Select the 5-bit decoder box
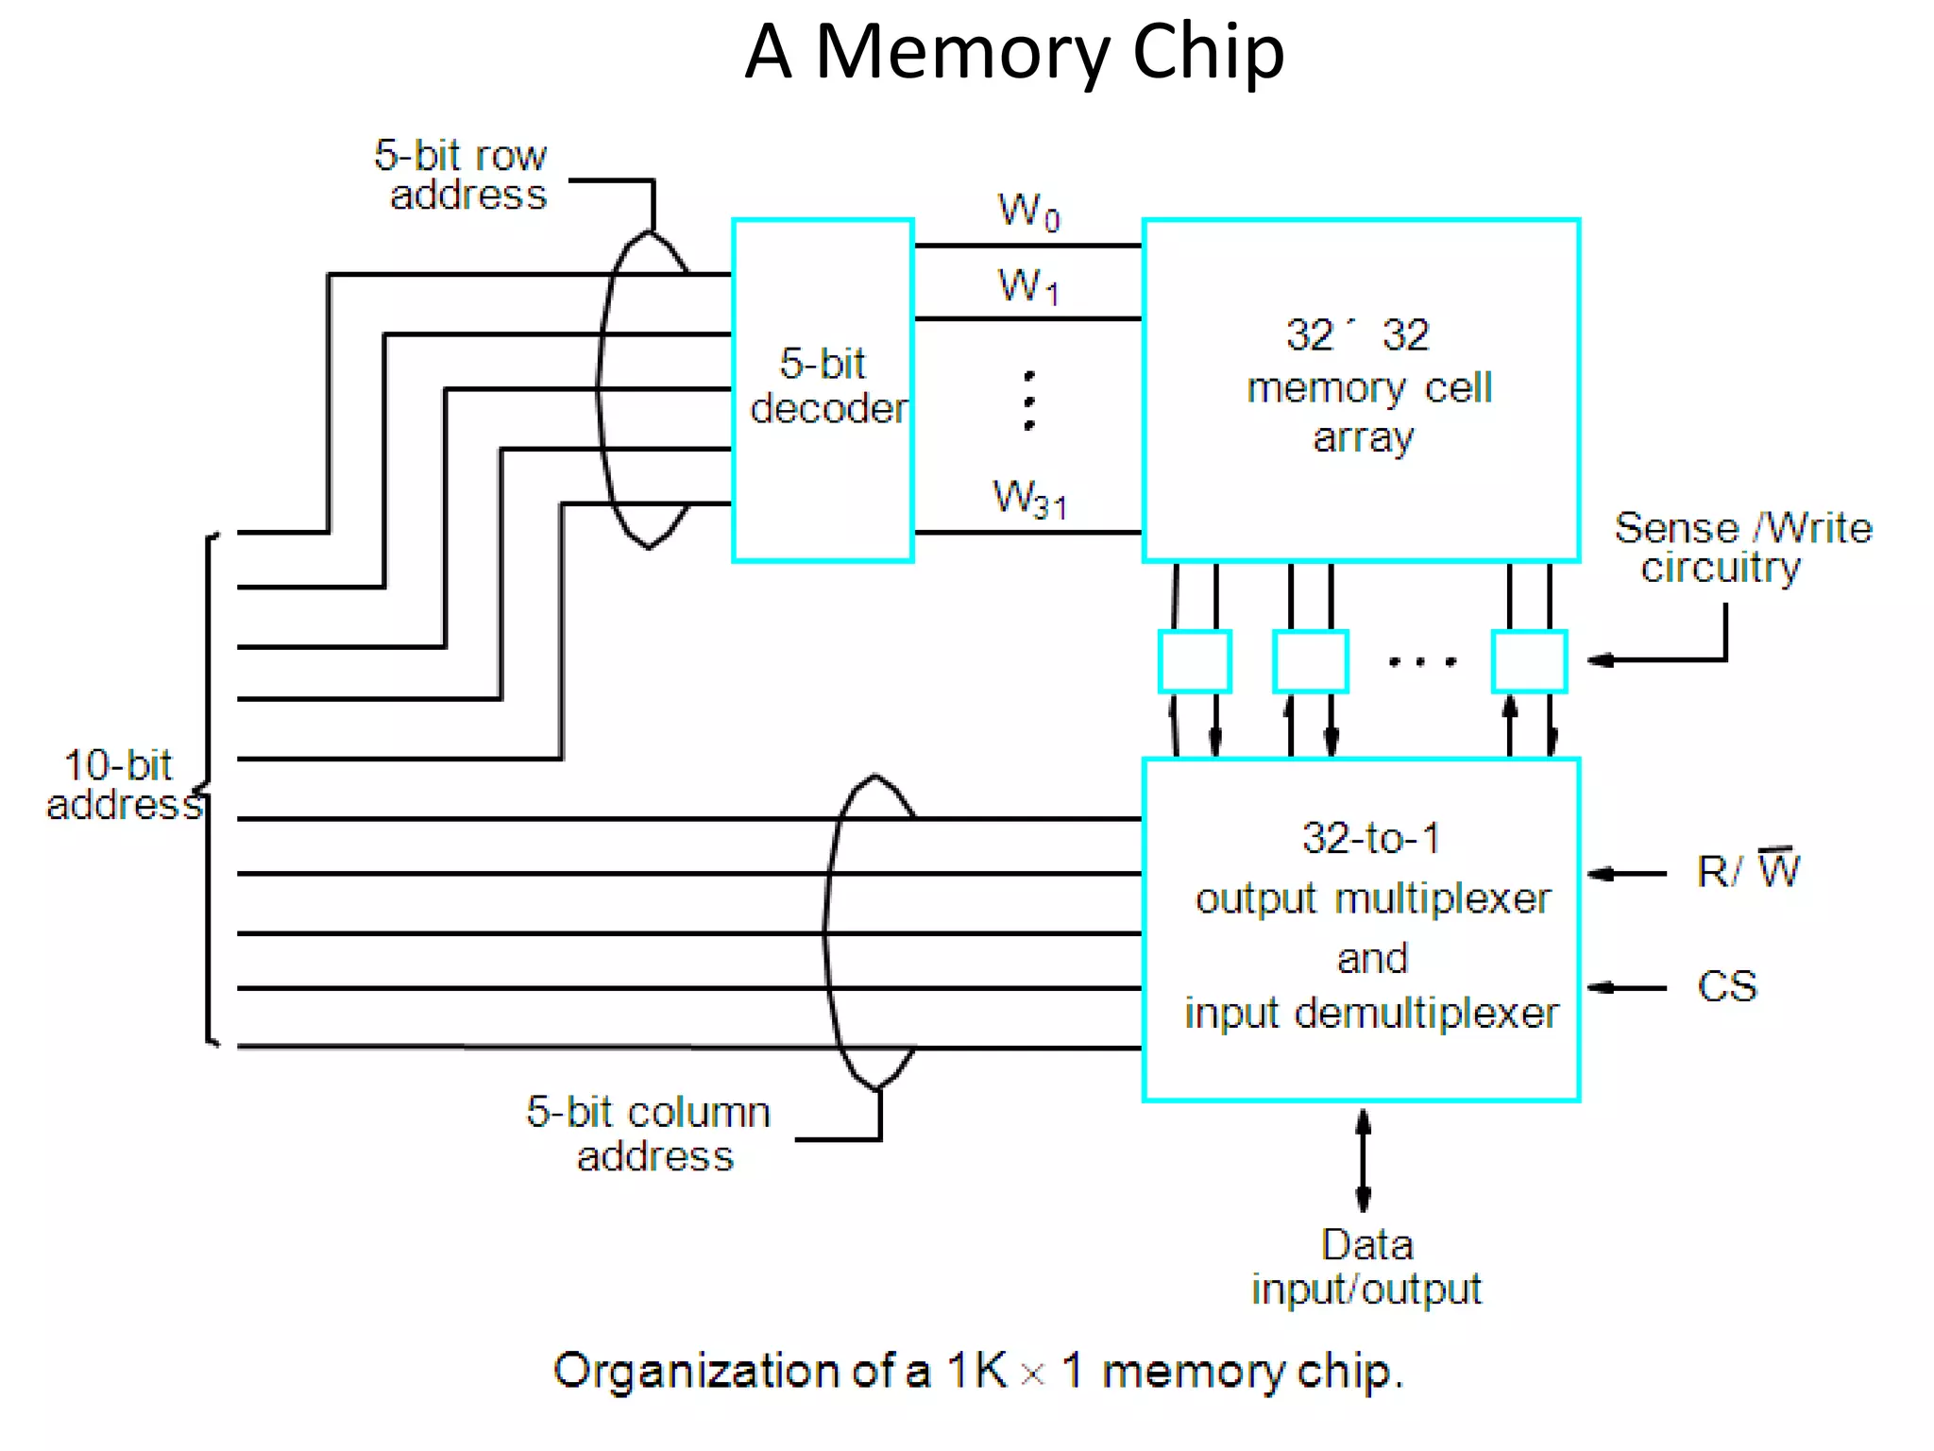823,389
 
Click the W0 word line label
1028,212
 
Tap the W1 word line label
1028,285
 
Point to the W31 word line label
1029,498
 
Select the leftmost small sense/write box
1195,661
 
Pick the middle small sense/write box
1310,661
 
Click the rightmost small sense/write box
1529,661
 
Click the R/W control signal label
1747,870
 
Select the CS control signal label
1726,987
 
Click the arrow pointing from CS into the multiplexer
1626,988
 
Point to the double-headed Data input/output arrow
1363,1160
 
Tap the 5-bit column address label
650,1134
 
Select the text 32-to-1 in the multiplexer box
1370,838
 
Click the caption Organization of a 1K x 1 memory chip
978,1371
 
